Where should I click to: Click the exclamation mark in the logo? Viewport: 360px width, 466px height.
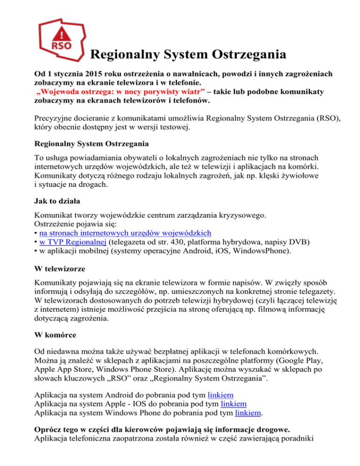61,34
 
